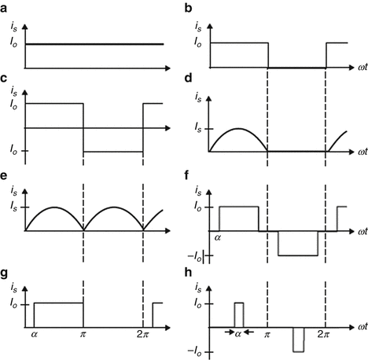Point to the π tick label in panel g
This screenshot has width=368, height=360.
(x=83, y=334)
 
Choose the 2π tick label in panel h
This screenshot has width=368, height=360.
(x=323, y=333)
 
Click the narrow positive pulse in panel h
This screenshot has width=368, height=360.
(x=239, y=314)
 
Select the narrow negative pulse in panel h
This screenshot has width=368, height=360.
(x=298, y=338)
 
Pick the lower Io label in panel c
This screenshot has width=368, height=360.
(x=13, y=151)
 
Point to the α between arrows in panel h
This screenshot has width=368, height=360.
(x=239, y=333)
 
